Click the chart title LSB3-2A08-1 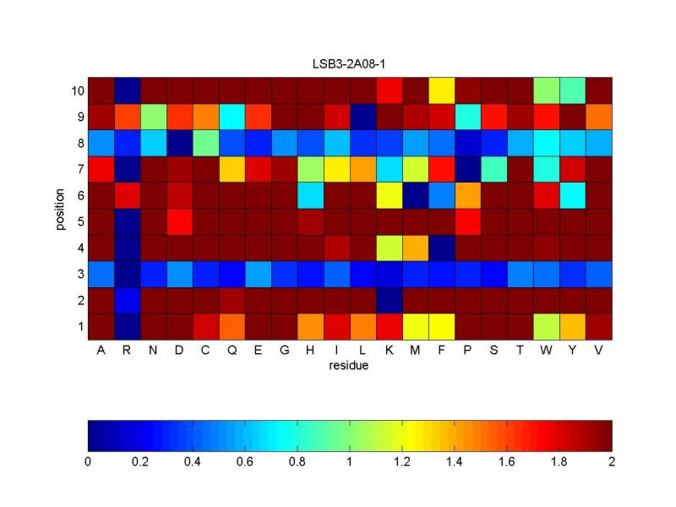click(350, 64)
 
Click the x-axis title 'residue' click(350, 366)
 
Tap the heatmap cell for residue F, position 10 click(441, 90)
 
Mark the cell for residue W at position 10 click(546, 90)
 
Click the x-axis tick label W click(546, 351)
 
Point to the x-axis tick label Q click(232, 351)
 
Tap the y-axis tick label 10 click(75, 90)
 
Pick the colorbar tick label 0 click(88, 462)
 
